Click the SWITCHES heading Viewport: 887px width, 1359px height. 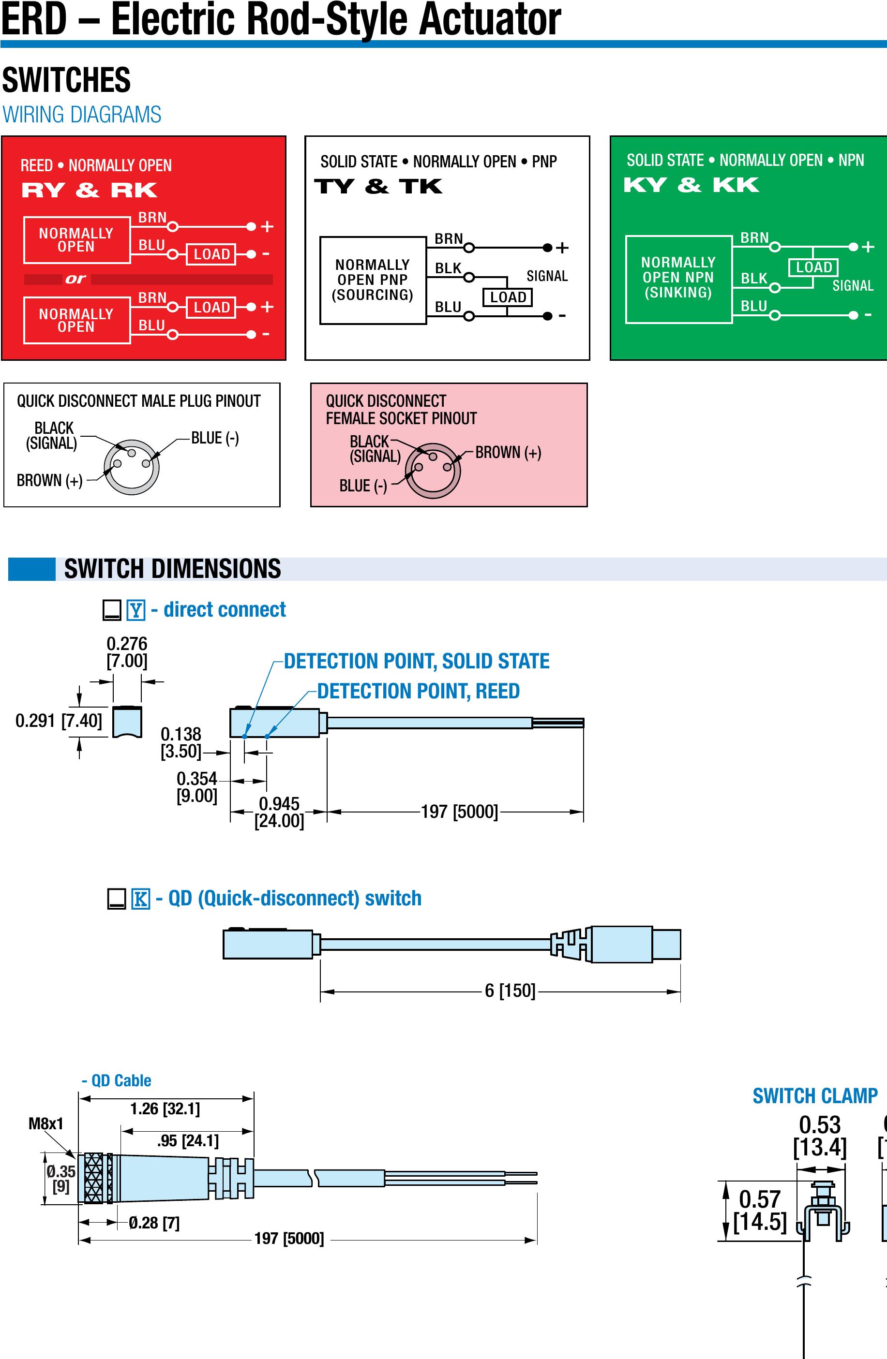coord(66,80)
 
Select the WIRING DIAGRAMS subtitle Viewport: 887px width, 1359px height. coord(82,115)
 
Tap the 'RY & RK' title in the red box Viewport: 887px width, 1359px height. coord(89,190)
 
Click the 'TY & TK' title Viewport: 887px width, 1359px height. coord(378,186)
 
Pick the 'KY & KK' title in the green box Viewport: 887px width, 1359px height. coord(691,185)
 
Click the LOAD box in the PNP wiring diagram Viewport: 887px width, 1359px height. coord(508,297)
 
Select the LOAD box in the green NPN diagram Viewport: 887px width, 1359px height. coord(813,267)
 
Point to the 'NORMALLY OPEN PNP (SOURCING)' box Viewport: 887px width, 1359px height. coord(373,280)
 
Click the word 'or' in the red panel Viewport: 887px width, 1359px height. coord(75,279)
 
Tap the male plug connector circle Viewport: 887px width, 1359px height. coord(131,467)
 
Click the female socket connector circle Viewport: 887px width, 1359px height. coord(433,471)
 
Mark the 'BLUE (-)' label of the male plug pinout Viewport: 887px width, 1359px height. coord(215,438)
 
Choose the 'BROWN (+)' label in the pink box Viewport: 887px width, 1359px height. coord(508,452)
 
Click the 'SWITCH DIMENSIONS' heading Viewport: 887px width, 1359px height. coord(172,569)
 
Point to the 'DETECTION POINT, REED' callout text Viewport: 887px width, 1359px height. coord(418,691)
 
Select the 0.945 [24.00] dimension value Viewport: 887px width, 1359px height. coord(279,812)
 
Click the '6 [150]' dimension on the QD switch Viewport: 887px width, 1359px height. coord(510,990)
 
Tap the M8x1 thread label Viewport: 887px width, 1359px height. coord(45,1124)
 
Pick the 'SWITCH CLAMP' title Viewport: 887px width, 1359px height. coord(814,1096)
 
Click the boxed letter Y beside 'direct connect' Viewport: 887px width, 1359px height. coord(136,610)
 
